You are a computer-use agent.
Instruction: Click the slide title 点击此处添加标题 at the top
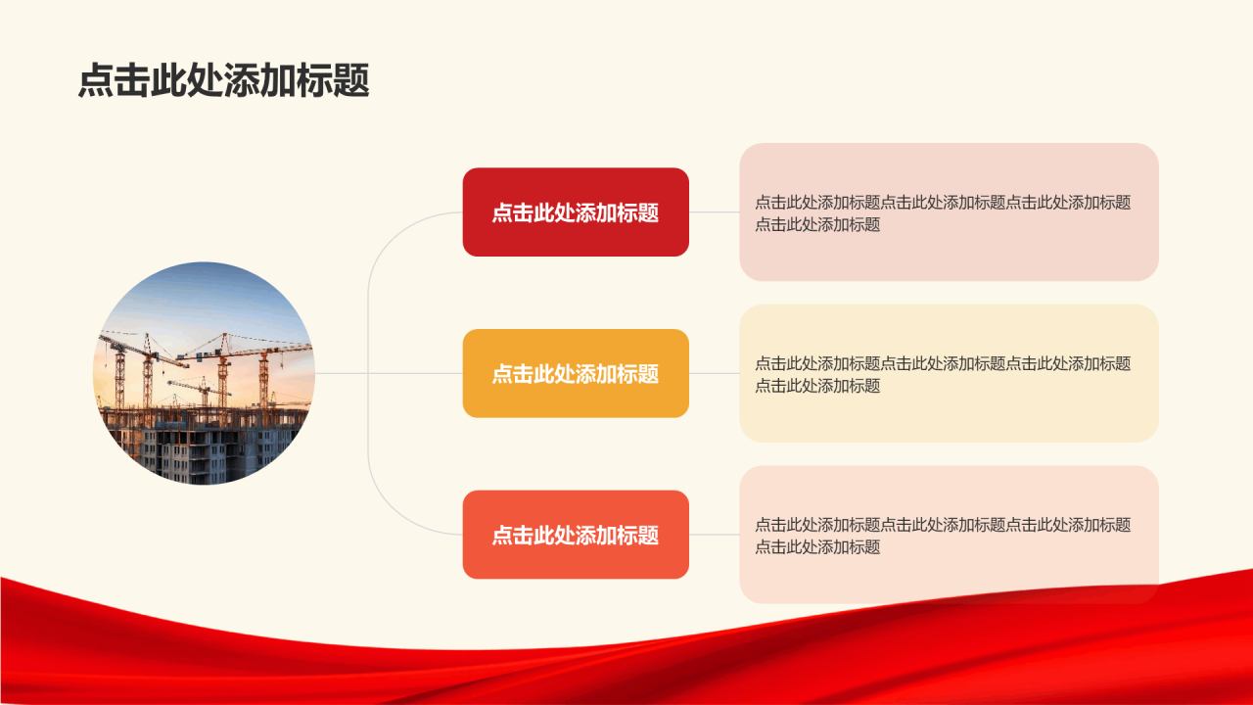click(223, 81)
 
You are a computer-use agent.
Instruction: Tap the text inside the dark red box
click(575, 213)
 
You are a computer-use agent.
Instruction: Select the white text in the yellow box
click(575, 374)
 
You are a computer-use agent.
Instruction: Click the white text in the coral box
click(575, 536)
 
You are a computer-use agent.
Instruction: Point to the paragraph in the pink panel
click(942, 213)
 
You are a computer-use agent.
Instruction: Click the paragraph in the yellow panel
click(942, 374)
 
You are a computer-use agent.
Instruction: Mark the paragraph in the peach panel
click(942, 536)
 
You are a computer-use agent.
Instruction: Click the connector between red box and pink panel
click(714, 211)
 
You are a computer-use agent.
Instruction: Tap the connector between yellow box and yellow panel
click(714, 373)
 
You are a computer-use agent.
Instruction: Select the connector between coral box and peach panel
click(714, 535)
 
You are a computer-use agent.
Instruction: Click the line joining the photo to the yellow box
click(392, 373)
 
